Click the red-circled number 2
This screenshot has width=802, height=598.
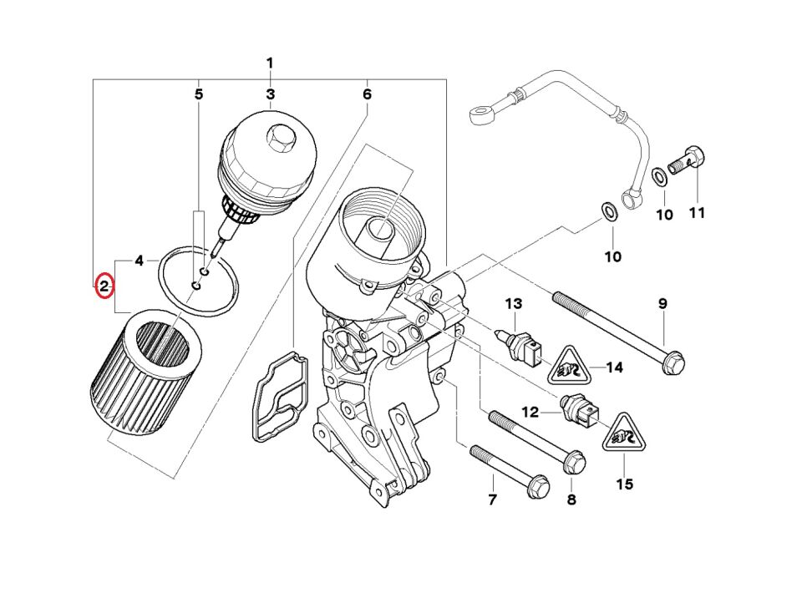click(x=104, y=286)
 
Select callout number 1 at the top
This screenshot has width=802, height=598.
click(x=270, y=63)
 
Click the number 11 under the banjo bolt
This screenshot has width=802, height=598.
click(x=697, y=213)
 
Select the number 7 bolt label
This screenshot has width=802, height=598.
click(x=492, y=500)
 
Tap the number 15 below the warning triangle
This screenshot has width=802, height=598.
click(x=625, y=484)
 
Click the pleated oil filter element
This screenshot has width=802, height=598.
click(x=145, y=372)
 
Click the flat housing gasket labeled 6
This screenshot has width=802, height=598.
click(x=277, y=395)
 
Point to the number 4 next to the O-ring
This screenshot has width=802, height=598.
click(x=140, y=261)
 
